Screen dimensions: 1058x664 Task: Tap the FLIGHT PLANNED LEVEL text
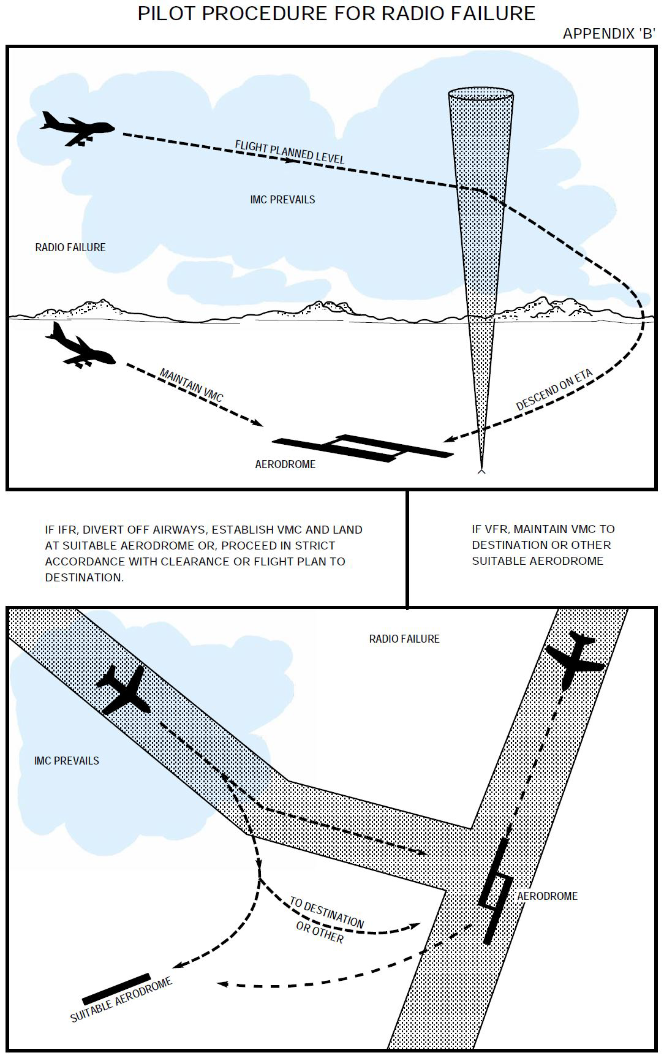click(x=289, y=151)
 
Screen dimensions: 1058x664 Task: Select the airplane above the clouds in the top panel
click(x=76, y=127)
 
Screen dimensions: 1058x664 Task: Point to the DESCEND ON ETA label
click(x=554, y=390)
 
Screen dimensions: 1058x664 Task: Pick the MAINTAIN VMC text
click(x=191, y=385)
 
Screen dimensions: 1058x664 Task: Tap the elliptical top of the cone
click(x=481, y=95)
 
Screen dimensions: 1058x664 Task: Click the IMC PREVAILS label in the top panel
click(x=282, y=200)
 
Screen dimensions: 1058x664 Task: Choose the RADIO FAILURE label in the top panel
click(x=70, y=247)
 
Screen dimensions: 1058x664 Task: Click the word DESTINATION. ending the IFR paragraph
click(x=84, y=577)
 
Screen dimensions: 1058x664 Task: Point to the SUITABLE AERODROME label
click(x=121, y=1000)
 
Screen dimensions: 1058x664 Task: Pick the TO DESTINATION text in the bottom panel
click(x=326, y=912)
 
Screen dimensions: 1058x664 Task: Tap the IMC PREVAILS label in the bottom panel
click(x=67, y=760)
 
